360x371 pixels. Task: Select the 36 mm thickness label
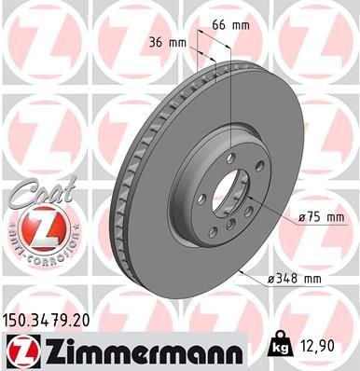166,42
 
